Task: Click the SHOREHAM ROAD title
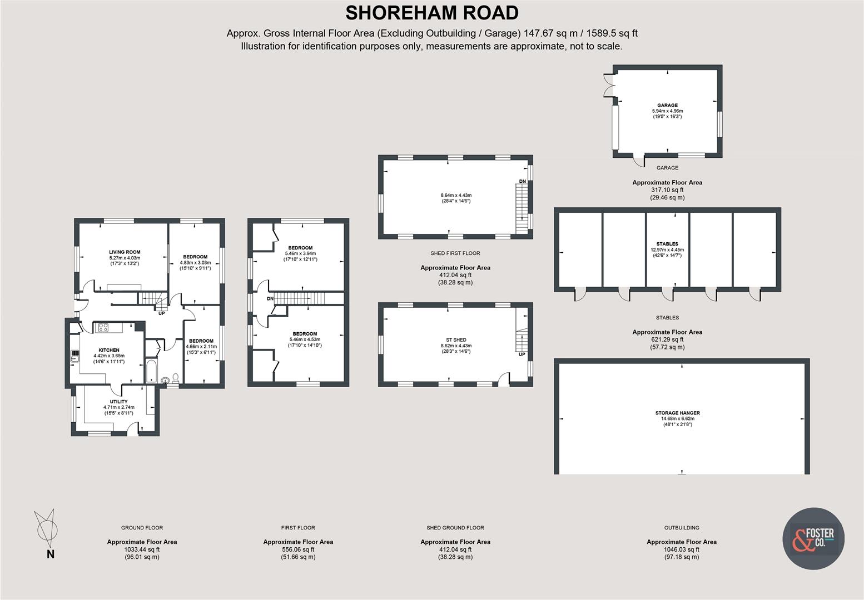point(432,13)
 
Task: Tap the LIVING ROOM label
point(125,252)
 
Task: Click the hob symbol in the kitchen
point(102,327)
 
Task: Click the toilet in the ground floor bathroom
point(176,378)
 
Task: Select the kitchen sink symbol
point(73,356)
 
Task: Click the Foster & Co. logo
point(813,538)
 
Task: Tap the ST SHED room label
point(456,339)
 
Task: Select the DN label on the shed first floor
point(522,182)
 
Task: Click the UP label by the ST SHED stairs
point(522,354)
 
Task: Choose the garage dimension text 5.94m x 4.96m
point(667,111)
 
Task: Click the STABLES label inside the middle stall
point(667,244)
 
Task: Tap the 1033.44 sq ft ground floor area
point(142,549)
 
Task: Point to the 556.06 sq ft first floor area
point(298,549)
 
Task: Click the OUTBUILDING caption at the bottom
point(681,528)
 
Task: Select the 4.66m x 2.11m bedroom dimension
point(201,347)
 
